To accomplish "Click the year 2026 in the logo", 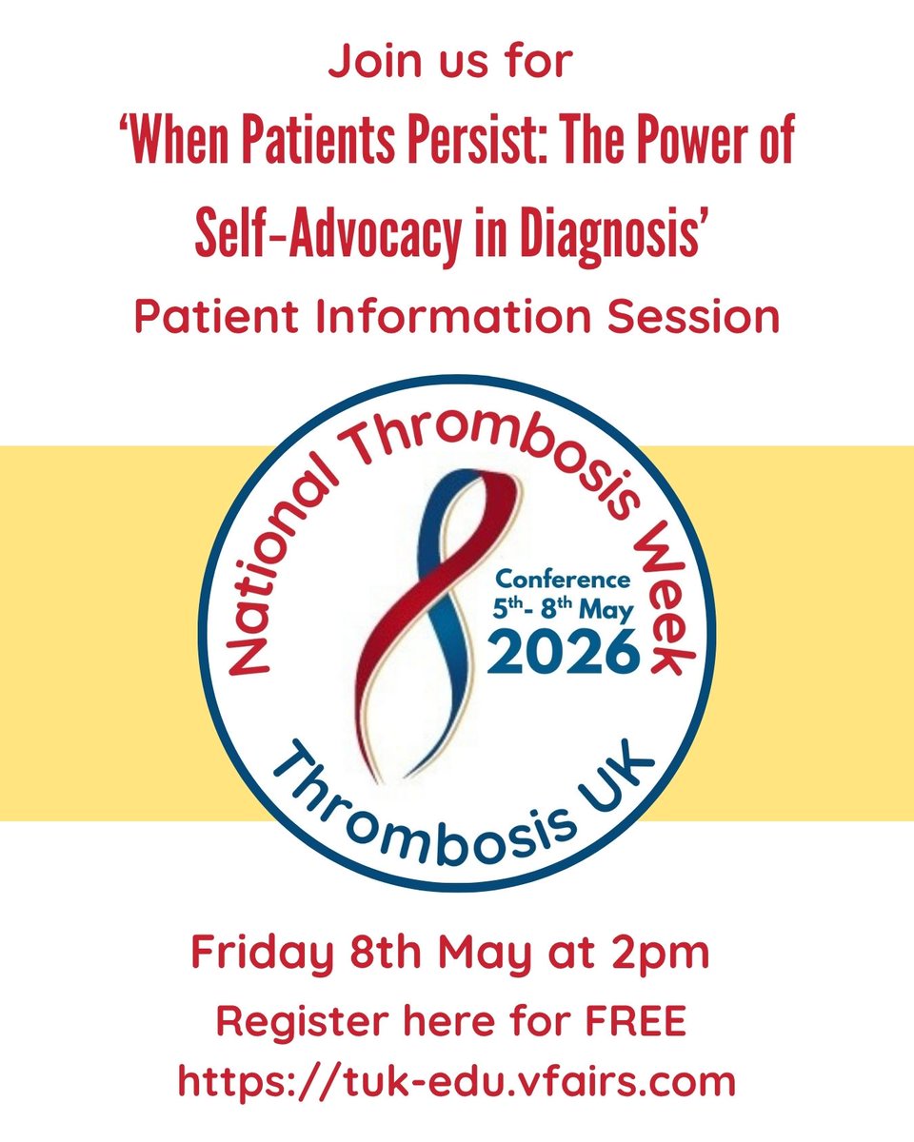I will (x=566, y=653).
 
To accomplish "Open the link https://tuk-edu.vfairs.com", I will (x=457, y=1082).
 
